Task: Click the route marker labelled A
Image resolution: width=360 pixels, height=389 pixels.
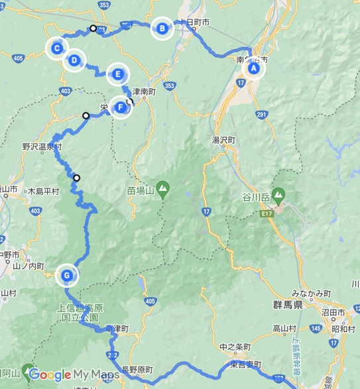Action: [x=253, y=68]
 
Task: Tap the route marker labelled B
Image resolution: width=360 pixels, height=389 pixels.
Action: [x=161, y=28]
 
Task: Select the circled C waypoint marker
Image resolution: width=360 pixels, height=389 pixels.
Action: [x=57, y=48]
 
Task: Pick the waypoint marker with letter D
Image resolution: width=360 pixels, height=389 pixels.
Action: [x=74, y=60]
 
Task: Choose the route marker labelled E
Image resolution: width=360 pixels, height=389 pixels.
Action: [x=118, y=74]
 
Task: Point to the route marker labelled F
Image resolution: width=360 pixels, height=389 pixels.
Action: [x=121, y=107]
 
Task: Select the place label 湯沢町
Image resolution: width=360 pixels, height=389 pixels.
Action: [x=224, y=140]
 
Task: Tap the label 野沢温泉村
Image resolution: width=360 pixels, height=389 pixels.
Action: [x=41, y=147]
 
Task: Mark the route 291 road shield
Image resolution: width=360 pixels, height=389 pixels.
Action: [x=263, y=115]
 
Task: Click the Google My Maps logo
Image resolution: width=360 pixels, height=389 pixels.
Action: [x=74, y=375]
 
